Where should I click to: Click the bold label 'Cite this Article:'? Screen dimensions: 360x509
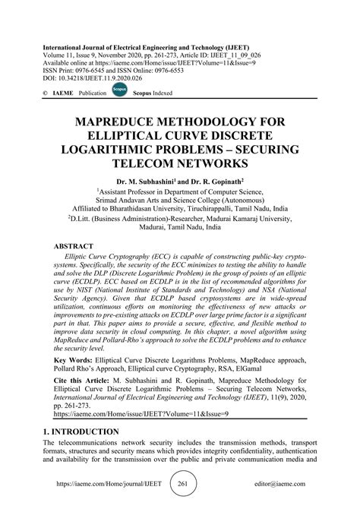click(88, 378)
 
